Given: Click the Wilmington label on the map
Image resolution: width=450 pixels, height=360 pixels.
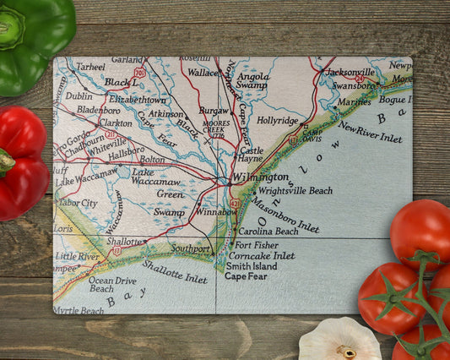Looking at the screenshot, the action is click(x=261, y=177).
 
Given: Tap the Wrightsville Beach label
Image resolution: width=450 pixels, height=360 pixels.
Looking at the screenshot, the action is click(x=295, y=191).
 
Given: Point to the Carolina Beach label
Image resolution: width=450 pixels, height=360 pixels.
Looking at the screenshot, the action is click(x=268, y=231).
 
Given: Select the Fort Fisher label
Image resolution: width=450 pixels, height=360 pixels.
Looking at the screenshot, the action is click(x=258, y=245).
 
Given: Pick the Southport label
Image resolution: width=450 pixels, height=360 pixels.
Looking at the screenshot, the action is click(x=190, y=249).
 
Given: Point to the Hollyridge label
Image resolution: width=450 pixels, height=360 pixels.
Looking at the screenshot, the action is click(x=279, y=121).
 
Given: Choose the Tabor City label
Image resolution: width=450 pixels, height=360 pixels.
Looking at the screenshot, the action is click(x=77, y=203).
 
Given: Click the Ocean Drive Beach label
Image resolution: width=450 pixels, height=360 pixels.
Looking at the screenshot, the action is click(x=112, y=284).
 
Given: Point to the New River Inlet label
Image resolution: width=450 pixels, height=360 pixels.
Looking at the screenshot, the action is click(x=370, y=131).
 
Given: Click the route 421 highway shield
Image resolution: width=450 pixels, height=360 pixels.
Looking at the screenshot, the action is click(x=234, y=204).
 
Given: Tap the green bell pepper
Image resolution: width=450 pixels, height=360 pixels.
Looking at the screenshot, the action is click(x=34, y=42).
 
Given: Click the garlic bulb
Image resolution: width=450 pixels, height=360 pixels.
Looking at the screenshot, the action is click(x=339, y=340).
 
